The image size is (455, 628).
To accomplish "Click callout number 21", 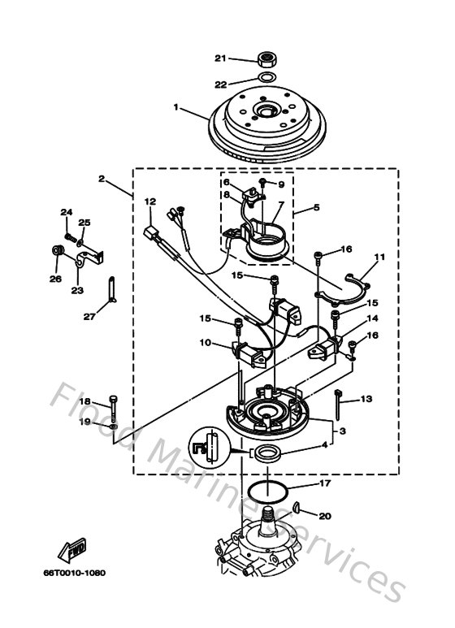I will (219, 58).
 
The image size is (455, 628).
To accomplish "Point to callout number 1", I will (176, 106).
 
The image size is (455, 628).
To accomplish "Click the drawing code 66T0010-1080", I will (74, 573).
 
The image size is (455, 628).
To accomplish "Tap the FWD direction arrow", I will (74, 552).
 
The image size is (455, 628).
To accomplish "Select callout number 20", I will (325, 516).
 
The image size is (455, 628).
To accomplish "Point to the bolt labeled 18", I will (114, 403).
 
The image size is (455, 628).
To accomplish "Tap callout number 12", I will (149, 201).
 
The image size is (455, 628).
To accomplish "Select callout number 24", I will (65, 213).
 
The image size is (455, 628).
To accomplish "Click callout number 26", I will (55, 279).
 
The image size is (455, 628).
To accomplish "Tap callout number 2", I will (102, 178).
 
